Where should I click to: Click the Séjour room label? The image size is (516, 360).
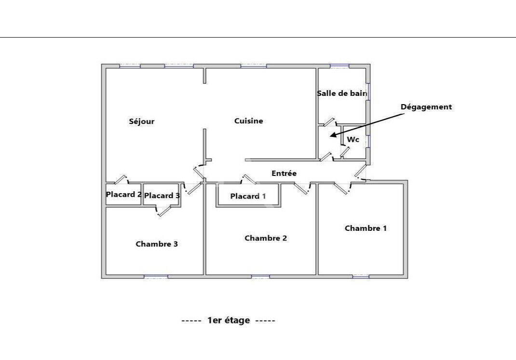(x=141, y=121)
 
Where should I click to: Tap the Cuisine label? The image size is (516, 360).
(x=248, y=121)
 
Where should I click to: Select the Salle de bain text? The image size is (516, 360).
(x=342, y=93)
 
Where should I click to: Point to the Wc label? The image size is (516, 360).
(x=353, y=139)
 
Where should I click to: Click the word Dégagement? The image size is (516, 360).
(x=426, y=107)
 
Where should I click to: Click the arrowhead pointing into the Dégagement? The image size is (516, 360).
(x=333, y=135)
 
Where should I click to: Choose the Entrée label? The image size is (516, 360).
(x=284, y=173)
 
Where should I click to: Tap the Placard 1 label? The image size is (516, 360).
(x=248, y=196)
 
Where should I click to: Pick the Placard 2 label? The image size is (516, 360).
(x=124, y=194)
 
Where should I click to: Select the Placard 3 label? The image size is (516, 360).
(x=162, y=196)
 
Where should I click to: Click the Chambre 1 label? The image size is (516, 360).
(x=366, y=228)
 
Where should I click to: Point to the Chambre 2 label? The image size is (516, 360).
(x=266, y=238)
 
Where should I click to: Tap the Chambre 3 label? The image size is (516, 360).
(x=157, y=244)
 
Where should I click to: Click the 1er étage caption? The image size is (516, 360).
(x=229, y=320)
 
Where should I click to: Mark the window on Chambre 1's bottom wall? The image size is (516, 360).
(x=361, y=277)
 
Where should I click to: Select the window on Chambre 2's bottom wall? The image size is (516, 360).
(x=260, y=277)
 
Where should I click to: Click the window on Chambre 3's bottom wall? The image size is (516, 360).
(x=156, y=277)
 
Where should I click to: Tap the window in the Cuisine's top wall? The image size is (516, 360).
(x=253, y=66)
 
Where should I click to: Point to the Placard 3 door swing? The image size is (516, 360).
(x=163, y=211)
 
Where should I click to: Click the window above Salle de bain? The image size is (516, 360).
(x=339, y=66)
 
